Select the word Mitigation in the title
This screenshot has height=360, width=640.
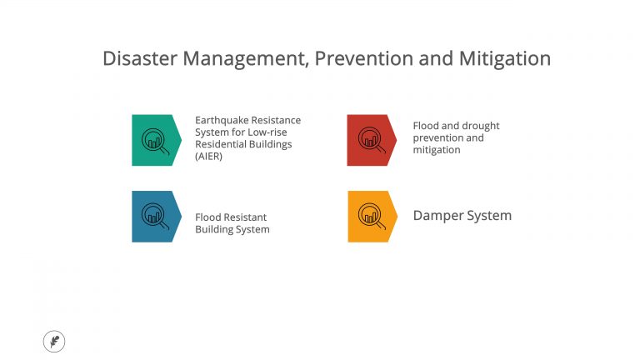tap(504, 59)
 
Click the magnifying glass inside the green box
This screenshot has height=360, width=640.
tap(155, 140)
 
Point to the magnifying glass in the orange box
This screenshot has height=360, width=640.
tap(371, 216)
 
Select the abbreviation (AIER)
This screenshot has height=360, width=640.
tap(209, 156)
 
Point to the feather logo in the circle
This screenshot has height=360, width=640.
tap(54, 341)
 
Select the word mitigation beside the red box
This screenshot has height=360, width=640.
tap(437, 150)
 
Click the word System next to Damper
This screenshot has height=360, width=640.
tap(489, 216)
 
